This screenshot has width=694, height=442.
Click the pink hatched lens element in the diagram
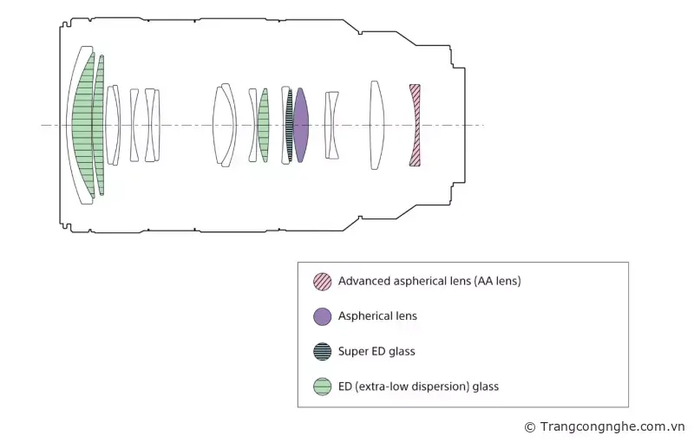(415, 125)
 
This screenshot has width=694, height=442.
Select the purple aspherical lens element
(301, 125)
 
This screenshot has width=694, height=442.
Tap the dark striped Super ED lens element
(290, 125)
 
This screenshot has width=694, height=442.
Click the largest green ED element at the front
(84, 125)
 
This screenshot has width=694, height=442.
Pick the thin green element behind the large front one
(100, 125)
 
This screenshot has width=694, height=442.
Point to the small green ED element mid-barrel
(264, 125)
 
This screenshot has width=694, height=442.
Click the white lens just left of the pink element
(376, 125)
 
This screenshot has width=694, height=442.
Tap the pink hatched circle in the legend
(322, 281)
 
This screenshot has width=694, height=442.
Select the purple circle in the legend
(322, 316)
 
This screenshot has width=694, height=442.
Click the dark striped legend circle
(322, 351)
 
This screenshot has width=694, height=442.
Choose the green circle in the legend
(322, 387)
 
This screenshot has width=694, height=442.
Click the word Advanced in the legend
(363, 281)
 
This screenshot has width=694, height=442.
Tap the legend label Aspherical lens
(377, 316)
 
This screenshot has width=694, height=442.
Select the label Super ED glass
(376, 351)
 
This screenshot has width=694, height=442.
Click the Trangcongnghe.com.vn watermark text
(612, 426)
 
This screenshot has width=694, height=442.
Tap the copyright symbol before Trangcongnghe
(530, 426)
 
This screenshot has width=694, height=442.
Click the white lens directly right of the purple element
(331, 125)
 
